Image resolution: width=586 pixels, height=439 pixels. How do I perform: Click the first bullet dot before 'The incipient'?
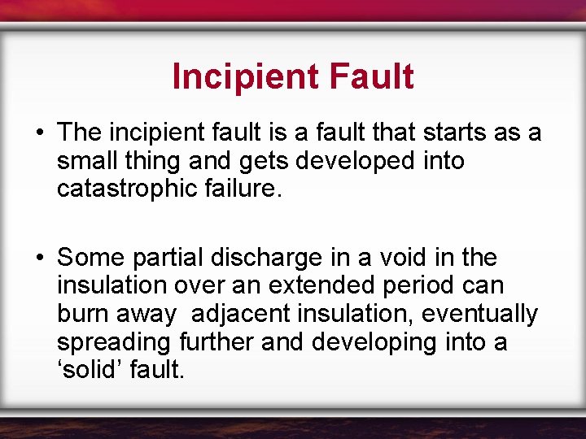click(39, 133)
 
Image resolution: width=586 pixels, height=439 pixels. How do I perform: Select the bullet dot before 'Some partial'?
click(39, 259)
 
